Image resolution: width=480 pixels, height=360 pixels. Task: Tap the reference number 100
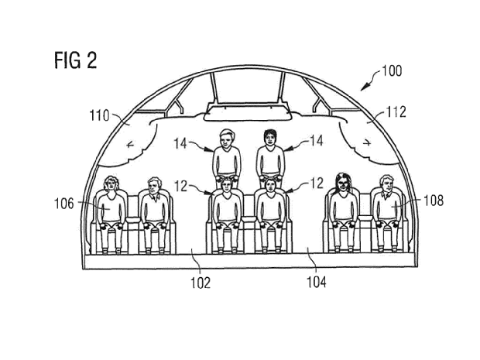tap(391, 72)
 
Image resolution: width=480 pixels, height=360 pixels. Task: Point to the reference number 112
tap(396, 112)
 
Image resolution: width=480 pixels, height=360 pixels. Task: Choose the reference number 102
tap(201, 283)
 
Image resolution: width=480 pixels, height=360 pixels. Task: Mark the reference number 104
tap(316, 283)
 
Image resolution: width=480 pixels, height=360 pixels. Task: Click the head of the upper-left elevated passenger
tap(226, 139)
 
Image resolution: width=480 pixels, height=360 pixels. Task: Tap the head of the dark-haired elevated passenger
tap(270, 139)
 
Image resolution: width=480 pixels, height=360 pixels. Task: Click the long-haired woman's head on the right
tap(341, 183)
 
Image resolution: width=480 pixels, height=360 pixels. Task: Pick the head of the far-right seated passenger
tap(386, 185)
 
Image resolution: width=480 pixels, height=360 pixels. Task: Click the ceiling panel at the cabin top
tap(248, 88)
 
